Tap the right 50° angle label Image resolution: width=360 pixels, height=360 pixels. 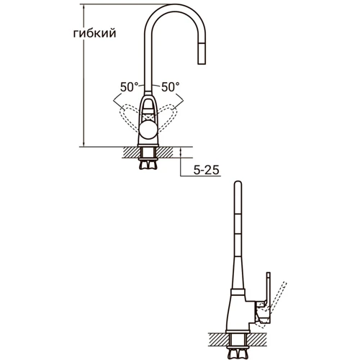pyautogui.click(x=170, y=87)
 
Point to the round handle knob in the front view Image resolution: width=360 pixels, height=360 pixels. pyautogui.click(x=148, y=130)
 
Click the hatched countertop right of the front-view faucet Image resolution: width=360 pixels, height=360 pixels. pyautogui.click(x=167, y=152)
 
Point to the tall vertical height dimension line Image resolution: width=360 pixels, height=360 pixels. pyautogui.click(x=84, y=72)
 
